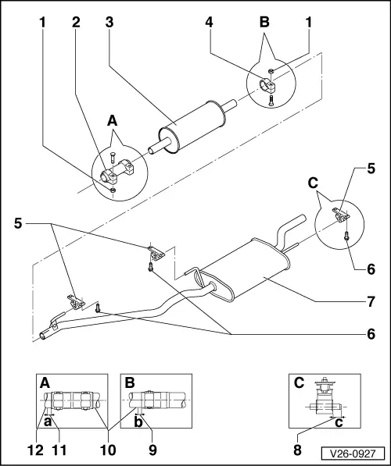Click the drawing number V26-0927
pos(353,454)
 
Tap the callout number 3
pos(109,23)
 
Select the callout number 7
pos(371,301)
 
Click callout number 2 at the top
pos(76,23)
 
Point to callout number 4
pos(210,23)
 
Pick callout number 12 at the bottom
pos(35,450)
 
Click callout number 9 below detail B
pos(152,450)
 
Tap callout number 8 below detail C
pos(297,450)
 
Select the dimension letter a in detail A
pos(48,422)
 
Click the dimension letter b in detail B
pos(138,422)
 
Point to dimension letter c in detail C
pos(339,422)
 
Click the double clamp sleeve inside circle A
pos(118,172)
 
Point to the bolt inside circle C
pos(346,236)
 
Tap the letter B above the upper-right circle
pos(264,23)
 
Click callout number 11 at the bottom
pos(59,450)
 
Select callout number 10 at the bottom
pos(108,450)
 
